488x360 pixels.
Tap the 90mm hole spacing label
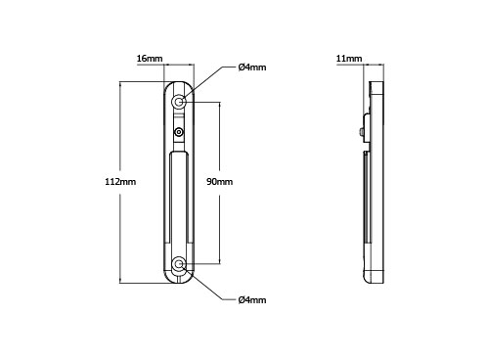[x=220, y=182]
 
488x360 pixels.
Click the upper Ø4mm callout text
[x=252, y=67]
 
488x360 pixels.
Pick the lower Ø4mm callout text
[x=252, y=299]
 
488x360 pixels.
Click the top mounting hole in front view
[x=178, y=103]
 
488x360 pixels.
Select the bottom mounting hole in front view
[x=178, y=264]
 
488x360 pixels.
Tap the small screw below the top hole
[x=178, y=131]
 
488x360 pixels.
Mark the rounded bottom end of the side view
[x=375, y=277]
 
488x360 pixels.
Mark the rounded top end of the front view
[x=178, y=83]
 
